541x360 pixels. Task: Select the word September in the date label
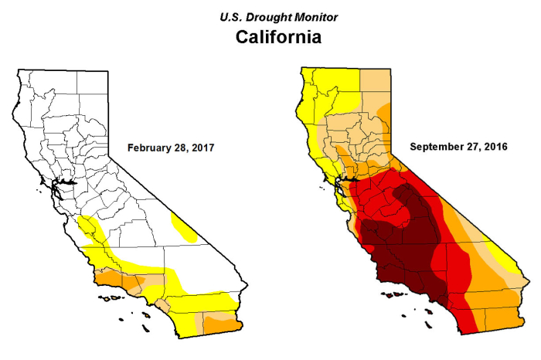click(x=437, y=147)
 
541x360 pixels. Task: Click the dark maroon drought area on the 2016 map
click(x=402, y=247)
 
